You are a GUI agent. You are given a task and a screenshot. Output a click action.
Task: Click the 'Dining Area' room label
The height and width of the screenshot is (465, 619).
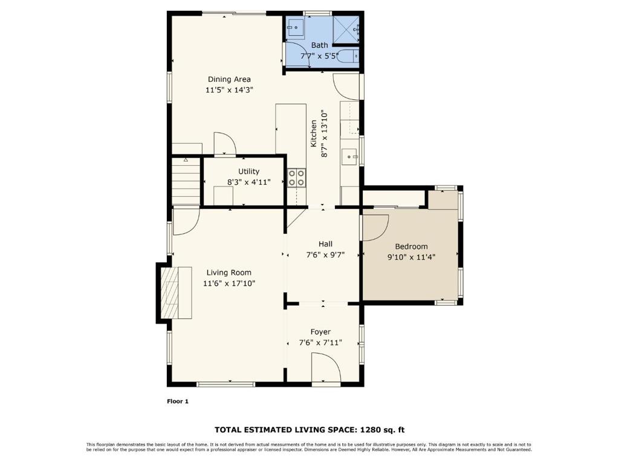(x=229, y=79)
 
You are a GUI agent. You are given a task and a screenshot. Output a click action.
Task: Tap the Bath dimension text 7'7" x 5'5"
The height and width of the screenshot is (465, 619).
(x=319, y=56)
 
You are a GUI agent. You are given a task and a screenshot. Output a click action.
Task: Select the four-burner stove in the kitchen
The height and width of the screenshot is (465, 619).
(x=296, y=177)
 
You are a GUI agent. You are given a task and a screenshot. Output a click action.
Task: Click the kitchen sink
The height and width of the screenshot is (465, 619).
(x=350, y=157)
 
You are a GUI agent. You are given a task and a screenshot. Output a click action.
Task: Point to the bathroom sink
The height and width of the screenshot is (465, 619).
(x=295, y=26)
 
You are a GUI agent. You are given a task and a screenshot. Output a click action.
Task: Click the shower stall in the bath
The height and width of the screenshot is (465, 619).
(x=348, y=27)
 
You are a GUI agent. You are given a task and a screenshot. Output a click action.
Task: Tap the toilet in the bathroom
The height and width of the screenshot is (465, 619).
(x=349, y=56)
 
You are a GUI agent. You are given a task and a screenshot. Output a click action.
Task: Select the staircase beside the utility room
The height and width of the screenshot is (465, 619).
(x=186, y=180)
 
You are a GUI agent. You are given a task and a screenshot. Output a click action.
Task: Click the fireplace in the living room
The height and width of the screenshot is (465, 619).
(x=175, y=292)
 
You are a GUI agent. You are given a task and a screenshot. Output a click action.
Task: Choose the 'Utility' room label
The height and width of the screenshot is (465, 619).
(x=248, y=171)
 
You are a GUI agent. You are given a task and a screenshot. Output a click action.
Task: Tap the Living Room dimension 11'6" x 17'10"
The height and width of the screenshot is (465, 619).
(x=229, y=283)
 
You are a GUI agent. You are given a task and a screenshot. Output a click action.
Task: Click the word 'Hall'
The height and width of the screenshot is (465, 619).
(x=325, y=244)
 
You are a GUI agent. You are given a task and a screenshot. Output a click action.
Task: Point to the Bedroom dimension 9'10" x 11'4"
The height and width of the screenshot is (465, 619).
(x=411, y=257)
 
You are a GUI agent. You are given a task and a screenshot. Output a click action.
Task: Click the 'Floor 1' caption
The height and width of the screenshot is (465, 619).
(x=178, y=401)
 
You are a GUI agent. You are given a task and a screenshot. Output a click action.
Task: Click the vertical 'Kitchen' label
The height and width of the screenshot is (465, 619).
(x=314, y=134)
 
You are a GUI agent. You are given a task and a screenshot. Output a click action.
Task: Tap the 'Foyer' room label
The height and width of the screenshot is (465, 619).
(x=320, y=332)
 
